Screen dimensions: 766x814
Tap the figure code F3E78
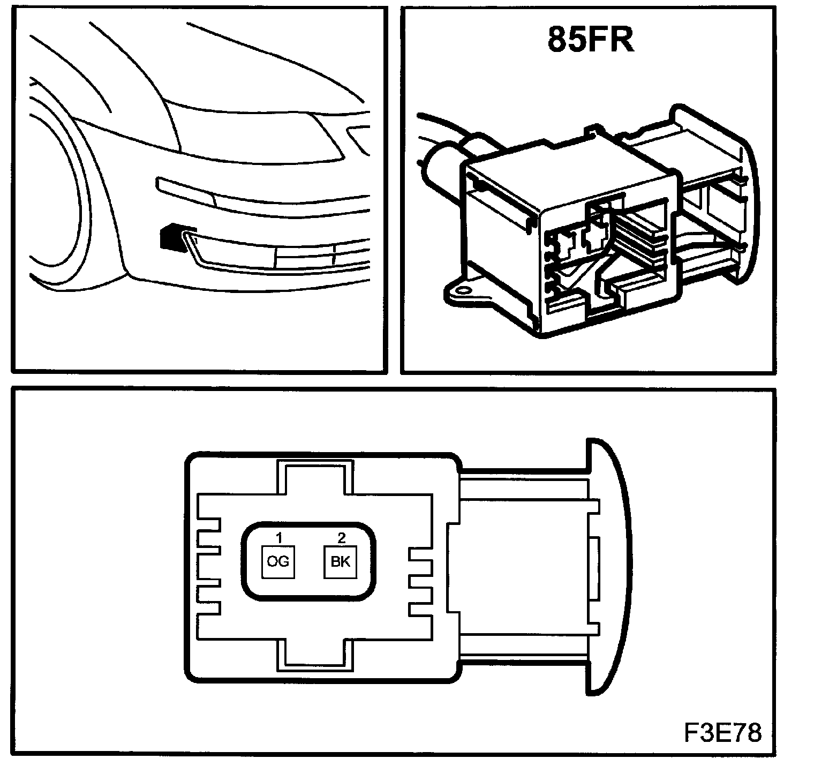pyautogui.click(x=721, y=733)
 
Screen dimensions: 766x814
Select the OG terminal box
pyautogui.click(x=278, y=561)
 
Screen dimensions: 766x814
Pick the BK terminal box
pyautogui.click(x=341, y=561)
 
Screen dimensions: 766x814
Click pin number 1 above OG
pyautogui.click(x=278, y=537)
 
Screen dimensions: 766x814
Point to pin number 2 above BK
pyautogui.click(x=341, y=537)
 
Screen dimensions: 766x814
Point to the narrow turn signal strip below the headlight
pyautogui.click(x=185, y=189)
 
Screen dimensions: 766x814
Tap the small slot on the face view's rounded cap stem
pyautogui.click(x=593, y=568)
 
